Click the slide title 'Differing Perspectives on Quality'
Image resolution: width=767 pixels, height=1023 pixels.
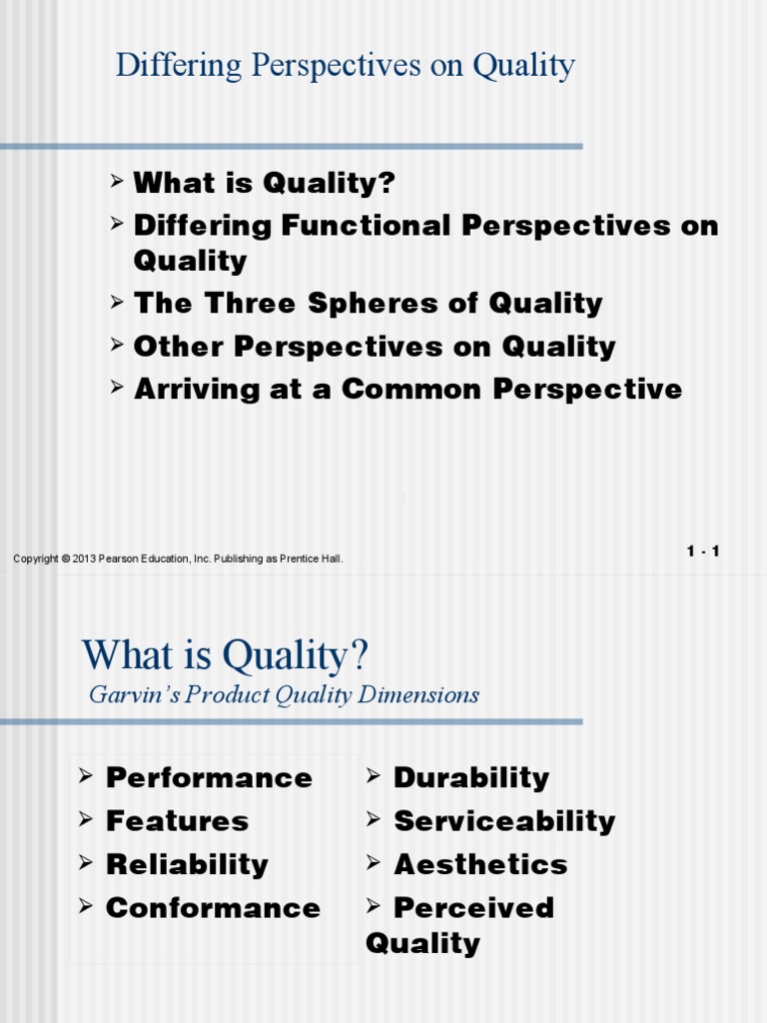345,66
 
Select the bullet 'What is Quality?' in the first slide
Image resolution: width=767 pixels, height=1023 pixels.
265,183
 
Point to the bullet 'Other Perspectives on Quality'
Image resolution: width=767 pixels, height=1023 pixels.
375,347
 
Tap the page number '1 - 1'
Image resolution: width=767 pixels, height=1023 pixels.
702,551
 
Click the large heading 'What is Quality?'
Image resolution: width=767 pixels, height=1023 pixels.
226,656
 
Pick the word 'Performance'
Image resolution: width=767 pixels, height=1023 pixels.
209,777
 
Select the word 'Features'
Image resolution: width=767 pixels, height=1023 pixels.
177,821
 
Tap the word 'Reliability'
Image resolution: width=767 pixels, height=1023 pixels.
187,864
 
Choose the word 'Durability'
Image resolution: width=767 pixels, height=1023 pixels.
471,777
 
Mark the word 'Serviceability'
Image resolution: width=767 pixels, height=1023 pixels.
504,821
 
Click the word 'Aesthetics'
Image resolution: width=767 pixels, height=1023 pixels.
480,864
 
